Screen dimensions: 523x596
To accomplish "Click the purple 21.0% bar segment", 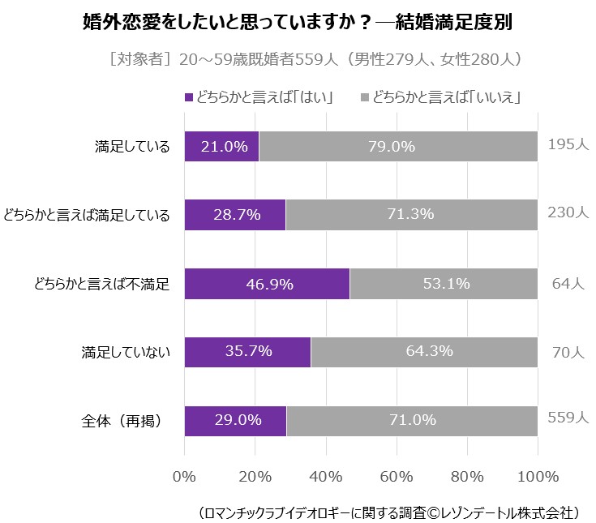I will tap(221, 147).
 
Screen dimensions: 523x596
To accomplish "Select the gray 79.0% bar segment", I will tap(398, 147).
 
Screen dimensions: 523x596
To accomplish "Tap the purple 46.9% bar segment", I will tap(267, 284).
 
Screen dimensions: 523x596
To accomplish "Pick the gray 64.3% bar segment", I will tap(424, 352).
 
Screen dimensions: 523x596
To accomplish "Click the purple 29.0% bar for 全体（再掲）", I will tap(235, 420).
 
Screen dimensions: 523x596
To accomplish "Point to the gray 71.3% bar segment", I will tap(411, 215).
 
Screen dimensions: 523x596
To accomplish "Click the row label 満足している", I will tap(131, 147).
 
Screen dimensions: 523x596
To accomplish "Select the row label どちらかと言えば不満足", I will tap(101, 284).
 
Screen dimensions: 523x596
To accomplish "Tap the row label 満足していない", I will tap(125, 352).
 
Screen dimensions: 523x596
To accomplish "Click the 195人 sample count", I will tap(568, 144).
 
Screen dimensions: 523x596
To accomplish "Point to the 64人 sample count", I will tap(568, 284).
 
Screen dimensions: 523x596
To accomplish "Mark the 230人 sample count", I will tap(568, 212).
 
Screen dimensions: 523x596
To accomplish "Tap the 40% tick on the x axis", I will tap(326, 475).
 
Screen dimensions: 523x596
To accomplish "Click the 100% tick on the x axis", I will tap(538, 475).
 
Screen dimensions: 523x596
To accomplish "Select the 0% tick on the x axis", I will tap(185, 475).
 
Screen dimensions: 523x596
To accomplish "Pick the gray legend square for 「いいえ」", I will tap(365, 98).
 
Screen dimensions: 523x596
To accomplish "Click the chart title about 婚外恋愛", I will tap(298, 23).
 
